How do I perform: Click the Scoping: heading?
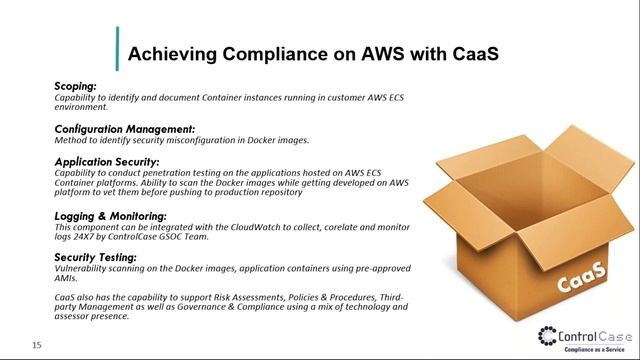tap(75, 87)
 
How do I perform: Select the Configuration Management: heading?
tap(124, 129)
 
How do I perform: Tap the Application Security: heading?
tap(106, 162)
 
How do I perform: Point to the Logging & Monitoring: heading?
tap(110, 216)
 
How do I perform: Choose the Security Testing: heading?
tap(95, 258)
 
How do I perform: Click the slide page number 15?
tap(36, 346)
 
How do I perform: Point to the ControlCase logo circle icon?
tap(549, 335)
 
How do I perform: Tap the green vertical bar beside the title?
tap(117, 48)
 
